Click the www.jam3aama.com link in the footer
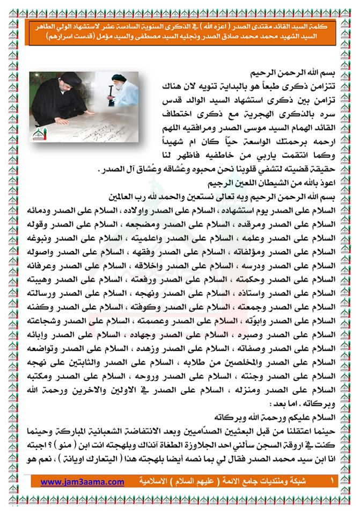coord(82,482)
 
